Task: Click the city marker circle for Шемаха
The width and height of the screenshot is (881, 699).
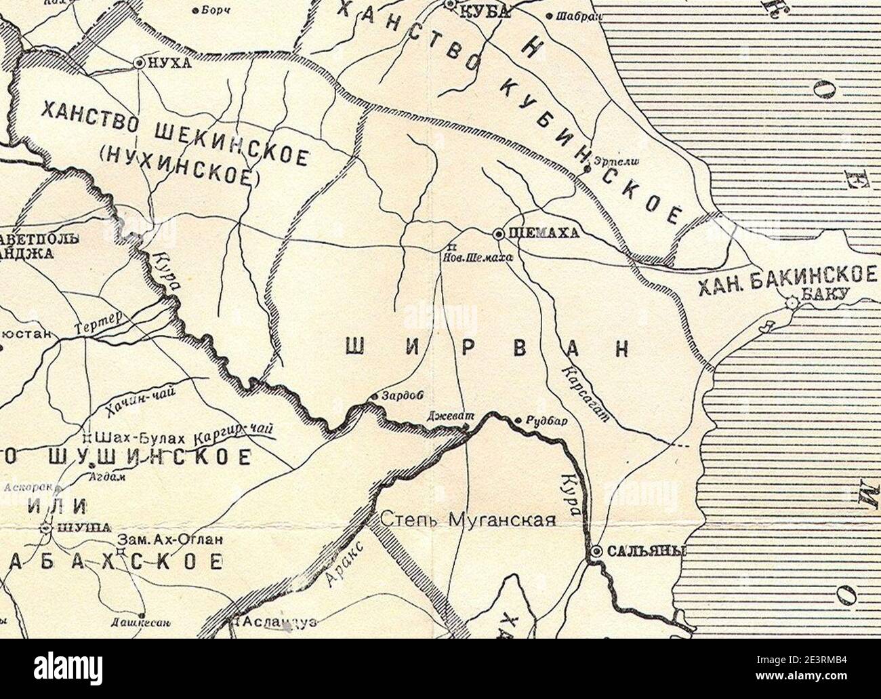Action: coord(498,234)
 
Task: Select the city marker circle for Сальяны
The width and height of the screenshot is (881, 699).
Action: coord(596,553)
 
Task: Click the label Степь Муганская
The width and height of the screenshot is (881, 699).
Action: coord(468,520)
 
